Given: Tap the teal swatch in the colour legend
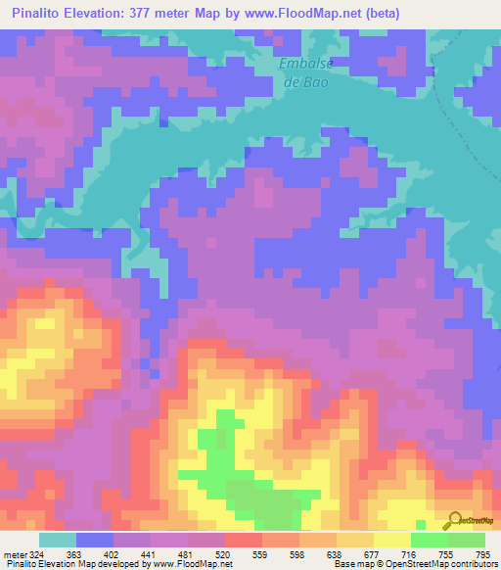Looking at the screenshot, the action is (58, 540).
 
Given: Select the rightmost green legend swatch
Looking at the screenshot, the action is (467, 540).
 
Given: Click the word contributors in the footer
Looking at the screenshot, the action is (470, 564).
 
